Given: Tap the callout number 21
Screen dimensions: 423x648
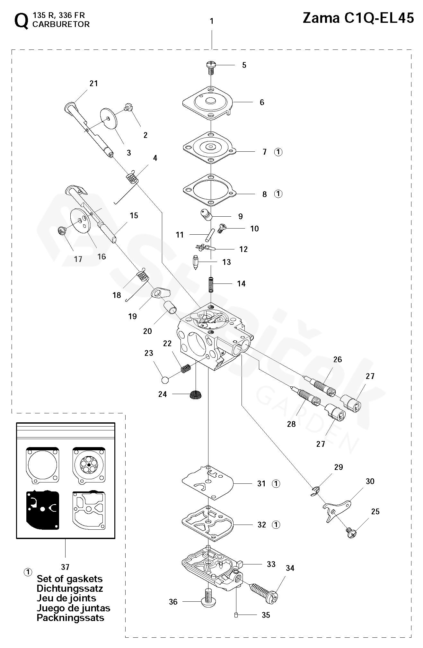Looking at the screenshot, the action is pyautogui.click(x=93, y=84).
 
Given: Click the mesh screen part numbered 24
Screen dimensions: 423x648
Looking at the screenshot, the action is pyautogui.click(x=195, y=395).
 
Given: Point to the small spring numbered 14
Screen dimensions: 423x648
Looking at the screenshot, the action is pyautogui.click(x=211, y=284).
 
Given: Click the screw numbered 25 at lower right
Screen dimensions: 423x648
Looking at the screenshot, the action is pyautogui.click(x=351, y=534).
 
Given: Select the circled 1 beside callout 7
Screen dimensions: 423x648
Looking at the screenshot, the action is pyautogui.click(x=278, y=152).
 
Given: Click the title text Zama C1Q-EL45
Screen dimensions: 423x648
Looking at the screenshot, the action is pyautogui.click(x=358, y=18).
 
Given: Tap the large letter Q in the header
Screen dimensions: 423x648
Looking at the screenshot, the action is pyautogui.click(x=22, y=22).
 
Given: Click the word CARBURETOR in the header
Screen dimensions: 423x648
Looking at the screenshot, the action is pyautogui.click(x=61, y=24).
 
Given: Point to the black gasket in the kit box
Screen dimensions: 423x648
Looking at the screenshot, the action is pyautogui.click(x=42, y=510).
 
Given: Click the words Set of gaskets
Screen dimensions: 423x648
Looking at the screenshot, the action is pyautogui.click(x=70, y=579).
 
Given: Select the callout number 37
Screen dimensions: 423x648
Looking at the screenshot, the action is pyautogui.click(x=65, y=567).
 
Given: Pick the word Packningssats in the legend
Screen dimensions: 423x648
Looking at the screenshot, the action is pyautogui.click(x=70, y=617).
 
